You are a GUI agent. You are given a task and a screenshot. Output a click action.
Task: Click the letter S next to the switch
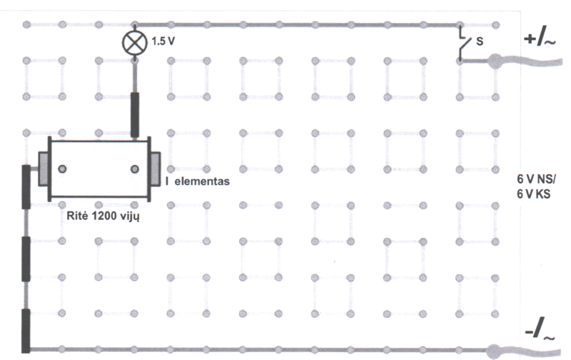pyautogui.click(x=480, y=42)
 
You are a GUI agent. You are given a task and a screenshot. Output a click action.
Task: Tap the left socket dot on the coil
pyautogui.click(x=64, y=169)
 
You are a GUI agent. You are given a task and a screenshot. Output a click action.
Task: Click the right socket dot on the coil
pyautogui.click(x=133, y=169)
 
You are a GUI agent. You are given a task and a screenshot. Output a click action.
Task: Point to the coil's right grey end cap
pyautogui.click(x=154, y=170)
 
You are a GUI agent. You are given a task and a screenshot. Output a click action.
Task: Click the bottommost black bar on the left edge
pyautogui.click(x=26, y=330)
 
